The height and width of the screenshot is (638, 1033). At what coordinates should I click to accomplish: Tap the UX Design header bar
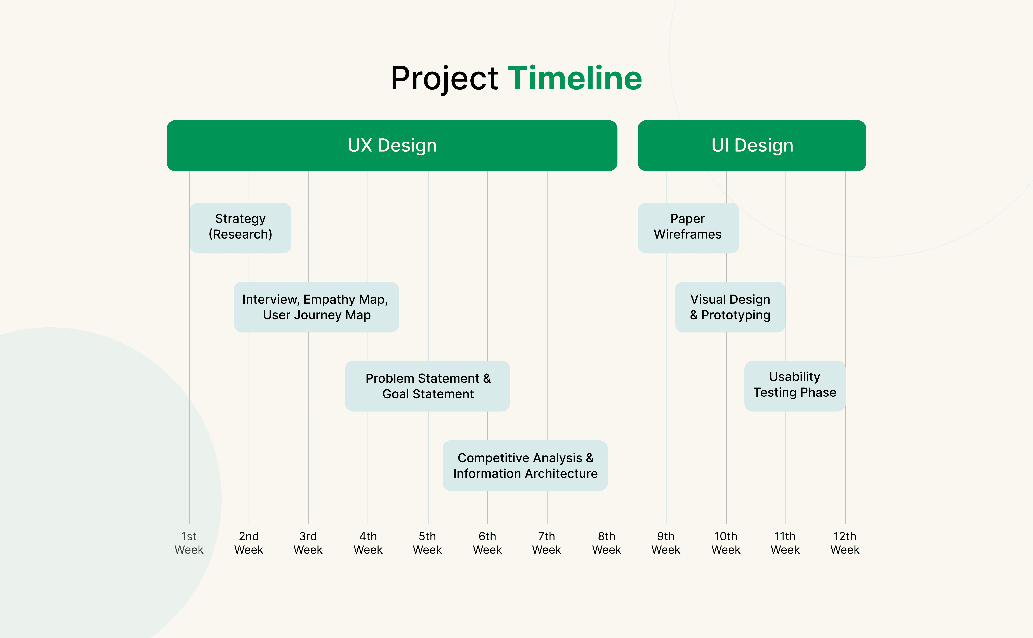[x=392, y=146]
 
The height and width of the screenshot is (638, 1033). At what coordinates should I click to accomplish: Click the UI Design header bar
[x=752, y=146]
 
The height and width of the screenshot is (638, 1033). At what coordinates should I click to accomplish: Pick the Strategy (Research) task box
[x=240, y=228]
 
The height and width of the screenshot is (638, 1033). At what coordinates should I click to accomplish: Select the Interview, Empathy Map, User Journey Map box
[x=316, y=307]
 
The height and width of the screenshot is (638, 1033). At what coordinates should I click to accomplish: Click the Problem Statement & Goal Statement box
[x=428, y=386]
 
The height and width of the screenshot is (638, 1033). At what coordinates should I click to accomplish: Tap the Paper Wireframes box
[x=688, y=228]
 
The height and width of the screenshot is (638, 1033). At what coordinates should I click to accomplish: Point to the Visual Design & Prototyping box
[x=730, y=307]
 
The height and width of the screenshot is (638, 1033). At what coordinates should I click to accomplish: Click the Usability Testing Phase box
[x=795, y=386]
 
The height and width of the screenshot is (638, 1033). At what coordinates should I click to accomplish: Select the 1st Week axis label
[x=189, y=543]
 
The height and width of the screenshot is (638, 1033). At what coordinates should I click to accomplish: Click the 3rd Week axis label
[x=308, y=543]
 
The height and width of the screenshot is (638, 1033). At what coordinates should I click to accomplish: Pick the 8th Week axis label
[x=607, y=543]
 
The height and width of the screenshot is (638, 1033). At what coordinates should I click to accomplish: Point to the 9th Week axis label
[x=666, y=543]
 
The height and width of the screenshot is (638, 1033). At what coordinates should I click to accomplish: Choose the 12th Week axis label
[x=845, y=543]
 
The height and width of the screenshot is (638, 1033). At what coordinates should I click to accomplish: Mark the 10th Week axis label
[x=726, y=543]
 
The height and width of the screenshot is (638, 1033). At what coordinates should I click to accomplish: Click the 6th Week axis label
[x=487, y=543]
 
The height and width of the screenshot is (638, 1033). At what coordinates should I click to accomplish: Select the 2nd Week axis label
[x=249, y=543]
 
